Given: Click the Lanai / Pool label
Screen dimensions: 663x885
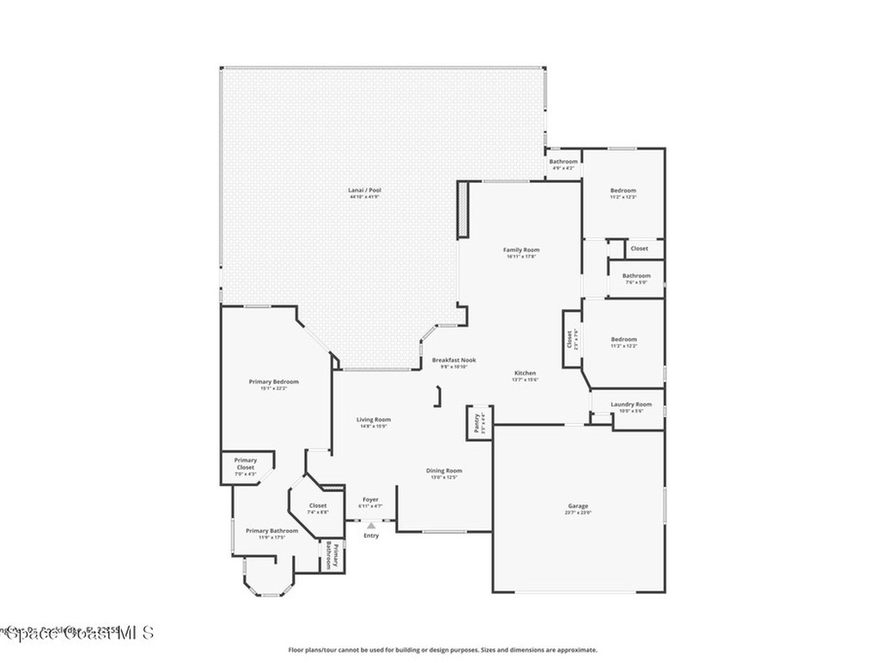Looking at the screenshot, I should (364, 190).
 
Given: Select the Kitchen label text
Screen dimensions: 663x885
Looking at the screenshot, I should (525, 373).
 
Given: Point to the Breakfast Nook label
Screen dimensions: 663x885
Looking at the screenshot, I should (454, 360).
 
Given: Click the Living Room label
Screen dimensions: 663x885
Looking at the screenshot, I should (373, 420).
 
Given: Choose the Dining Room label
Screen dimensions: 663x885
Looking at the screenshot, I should (442, 470).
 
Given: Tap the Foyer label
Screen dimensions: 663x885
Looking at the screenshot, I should (370, 500).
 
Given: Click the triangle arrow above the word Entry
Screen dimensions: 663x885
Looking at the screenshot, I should (371, 525).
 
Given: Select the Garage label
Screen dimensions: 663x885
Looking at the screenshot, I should (577, 506).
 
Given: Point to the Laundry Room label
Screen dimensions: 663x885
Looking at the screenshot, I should (631, 404).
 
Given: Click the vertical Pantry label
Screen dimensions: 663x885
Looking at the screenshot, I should (476, 422).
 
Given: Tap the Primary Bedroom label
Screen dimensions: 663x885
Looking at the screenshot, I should (273, 382).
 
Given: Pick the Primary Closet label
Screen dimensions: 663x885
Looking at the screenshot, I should (245, 464).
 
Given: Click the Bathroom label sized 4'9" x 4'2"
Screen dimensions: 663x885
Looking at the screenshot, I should (563, 161).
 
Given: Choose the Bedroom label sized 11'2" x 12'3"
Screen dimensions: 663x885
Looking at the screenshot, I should (623, 191).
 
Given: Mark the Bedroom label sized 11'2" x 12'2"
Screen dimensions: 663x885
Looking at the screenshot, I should (623, 339).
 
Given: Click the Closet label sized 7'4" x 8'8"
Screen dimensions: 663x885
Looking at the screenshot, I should (318, 506).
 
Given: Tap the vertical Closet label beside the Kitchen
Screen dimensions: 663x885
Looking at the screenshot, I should (570, 339).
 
